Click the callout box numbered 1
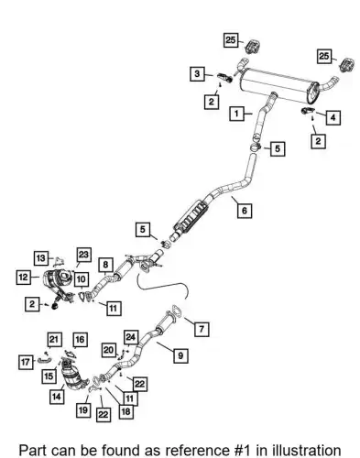click(x=236, y=114)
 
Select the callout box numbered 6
click(x=245, y=211)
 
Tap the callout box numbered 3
click(x=197, y=73)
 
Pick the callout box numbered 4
click(x=333, y=117)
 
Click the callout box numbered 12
click(x=24, y=278)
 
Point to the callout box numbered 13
click(x=41, y=258)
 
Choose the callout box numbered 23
click(x=83, y=255)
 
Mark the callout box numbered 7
click(x=202, y=329)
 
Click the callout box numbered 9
click(x=180, y=355)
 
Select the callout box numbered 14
click(x=57, y=397)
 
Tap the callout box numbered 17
click(x=26, y=362)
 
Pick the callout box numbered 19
click(x=83, y=409)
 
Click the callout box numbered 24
click(x=131, y=337)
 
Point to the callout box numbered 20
click(x=109, y=350)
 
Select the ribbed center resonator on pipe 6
click(x=191, y=217)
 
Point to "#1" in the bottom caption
click(x=241, y=451)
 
